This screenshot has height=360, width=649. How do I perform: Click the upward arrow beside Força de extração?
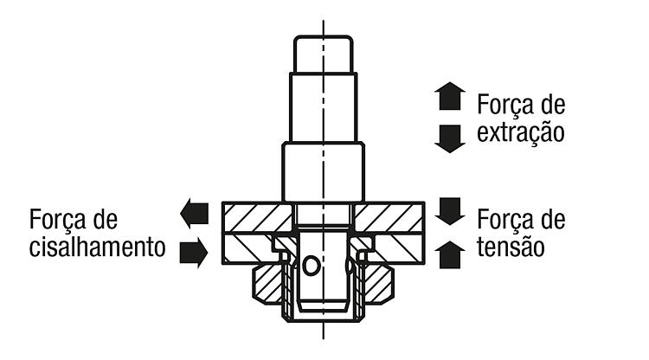pyautogui.click(x=450, y=96)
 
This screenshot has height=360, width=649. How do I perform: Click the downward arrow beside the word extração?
pyautogui.click(x=450, y=139)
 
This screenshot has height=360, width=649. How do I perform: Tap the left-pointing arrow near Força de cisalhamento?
pyautogui.click(x=194, y=213)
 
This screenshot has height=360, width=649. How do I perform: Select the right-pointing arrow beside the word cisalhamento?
pyautogui.click(x=194, y=253)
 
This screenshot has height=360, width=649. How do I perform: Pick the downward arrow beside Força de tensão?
pyautogui.click(x=450, y=211)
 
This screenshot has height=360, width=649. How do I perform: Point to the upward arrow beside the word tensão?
pyautogui.click(x=450, y=255)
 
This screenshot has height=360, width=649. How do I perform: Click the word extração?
pyautogui.click(x=521, y=132)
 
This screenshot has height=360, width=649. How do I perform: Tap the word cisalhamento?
pyautogui.click(x=97, y=247)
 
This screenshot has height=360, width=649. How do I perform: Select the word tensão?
pyautogui.click(x=511, y=247)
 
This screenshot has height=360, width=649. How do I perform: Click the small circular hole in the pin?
pyautogui.click(x=311, y=266)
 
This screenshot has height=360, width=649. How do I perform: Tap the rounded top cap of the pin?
pyautogui.click(x=324, y=55)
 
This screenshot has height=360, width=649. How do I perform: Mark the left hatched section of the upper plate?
pyautogui.click(x=258, y=217)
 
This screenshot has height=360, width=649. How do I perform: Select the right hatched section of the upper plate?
pyautogui.click(x=389, y=217)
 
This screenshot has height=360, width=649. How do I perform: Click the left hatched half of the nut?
pyautogui.click(x=268, y=285)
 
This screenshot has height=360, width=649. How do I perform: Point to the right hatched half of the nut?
pyautogui.click(x=378, y=285)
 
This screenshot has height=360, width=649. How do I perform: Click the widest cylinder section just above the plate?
pyautogui.click(x=324, y=171)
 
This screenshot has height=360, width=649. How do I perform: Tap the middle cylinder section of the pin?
pyautogui.click(x=324, y=107)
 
